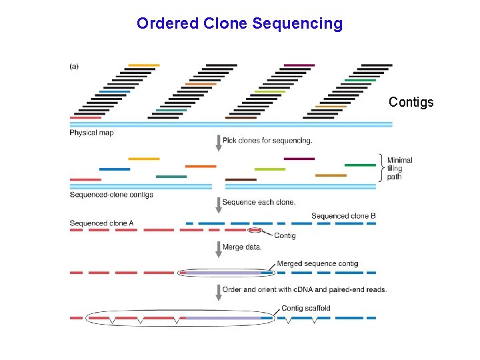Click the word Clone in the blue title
[x=225, y=23]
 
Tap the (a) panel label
[x=74, y=67]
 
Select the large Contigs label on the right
[x=411, y=102]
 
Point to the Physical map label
[x=91, y=133]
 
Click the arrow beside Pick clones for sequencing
[x=219, y=143]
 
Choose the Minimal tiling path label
[x=400, y=169]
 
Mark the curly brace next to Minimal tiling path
[x=381, y=168]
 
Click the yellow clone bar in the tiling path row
[x=144, y=159]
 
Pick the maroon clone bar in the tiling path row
[x=299, y=159]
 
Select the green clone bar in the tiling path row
[x=360, y=165]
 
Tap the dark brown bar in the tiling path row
[x=241, y=180]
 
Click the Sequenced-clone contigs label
[x=111, y=195]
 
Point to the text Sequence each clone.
[x=259, y=202]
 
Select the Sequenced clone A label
[x=101, y=223]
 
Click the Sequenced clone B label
[x=343, y=216]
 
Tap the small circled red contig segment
[x=255, y=230]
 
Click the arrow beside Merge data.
[x=219, y=249]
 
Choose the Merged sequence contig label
[x=317, y=263]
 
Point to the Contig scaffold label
[x=306, y=308]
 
